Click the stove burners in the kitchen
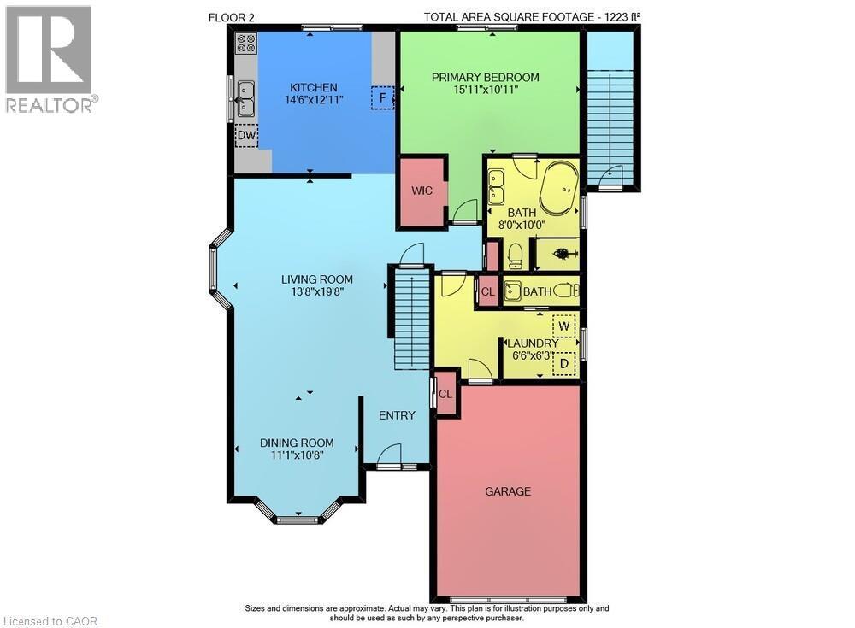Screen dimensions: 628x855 pyautogui.click(x=246, y=43)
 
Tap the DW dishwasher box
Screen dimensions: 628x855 pyautogui.click(x=246, y=135)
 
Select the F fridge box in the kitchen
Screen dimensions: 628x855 pyautogui.click(x=383, y=97)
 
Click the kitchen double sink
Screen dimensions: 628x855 pyautogui.click(x=246, y=97)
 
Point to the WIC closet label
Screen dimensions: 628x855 pyautogui.click(x=422, y=191)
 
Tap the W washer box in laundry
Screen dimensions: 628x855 pyautogui.click(x=564, y=326)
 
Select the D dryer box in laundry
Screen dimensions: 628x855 pyautogui.click(x=564, y=364)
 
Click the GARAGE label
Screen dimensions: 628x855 pyautogui.click(x=508, y=491)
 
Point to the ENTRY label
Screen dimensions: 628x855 pyautogui.click(x=397, y=415)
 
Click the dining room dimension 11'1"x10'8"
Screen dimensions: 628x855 pyautogui.click(x=297, y=456)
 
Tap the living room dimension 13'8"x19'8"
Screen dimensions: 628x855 pyautogui.click(x=316, y=292)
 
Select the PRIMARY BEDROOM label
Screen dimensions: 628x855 pyautogui.click(x=485, y=77)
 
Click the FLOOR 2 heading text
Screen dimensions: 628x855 pyautogui.click(x=231, y=16)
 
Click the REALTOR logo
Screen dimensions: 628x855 pyautogui.click(x=50, y=60)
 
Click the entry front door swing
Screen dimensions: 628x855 pyautogui.click(x=390, y=454)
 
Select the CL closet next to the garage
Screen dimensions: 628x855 pyautogui.click(x=445, y=394)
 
